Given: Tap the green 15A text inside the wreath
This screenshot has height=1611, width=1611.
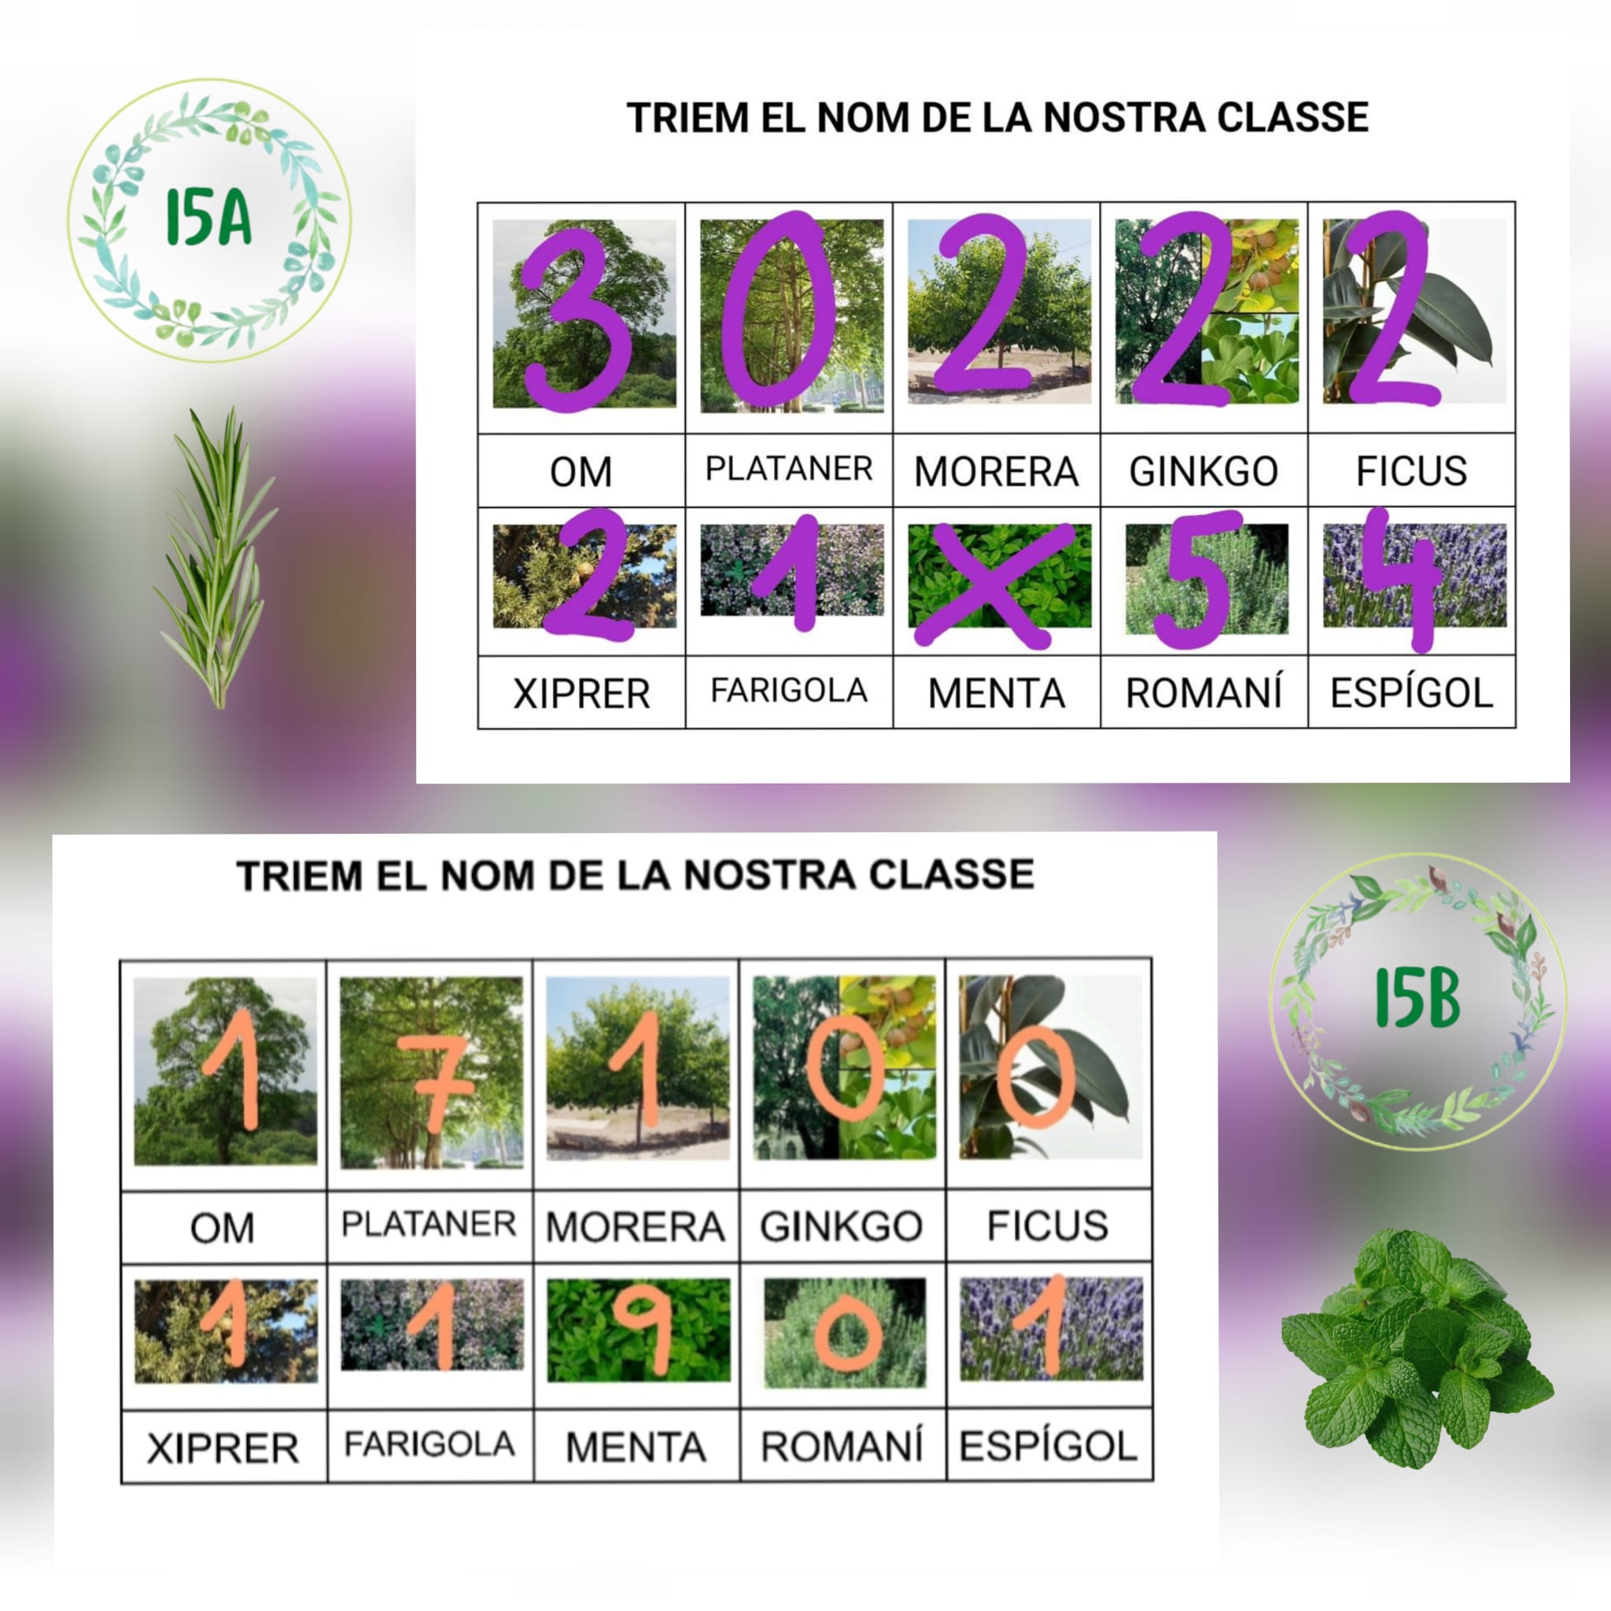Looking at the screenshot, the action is coord(208,218).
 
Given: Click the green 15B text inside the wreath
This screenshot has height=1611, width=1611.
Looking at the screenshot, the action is coord(1417,999).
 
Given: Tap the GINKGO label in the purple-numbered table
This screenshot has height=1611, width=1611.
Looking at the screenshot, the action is coord(1204,471).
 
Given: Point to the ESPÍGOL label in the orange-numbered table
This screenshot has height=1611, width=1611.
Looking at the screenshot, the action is coord(1048,1446).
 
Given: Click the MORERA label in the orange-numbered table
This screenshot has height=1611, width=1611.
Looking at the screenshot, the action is coord(636,1226).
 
